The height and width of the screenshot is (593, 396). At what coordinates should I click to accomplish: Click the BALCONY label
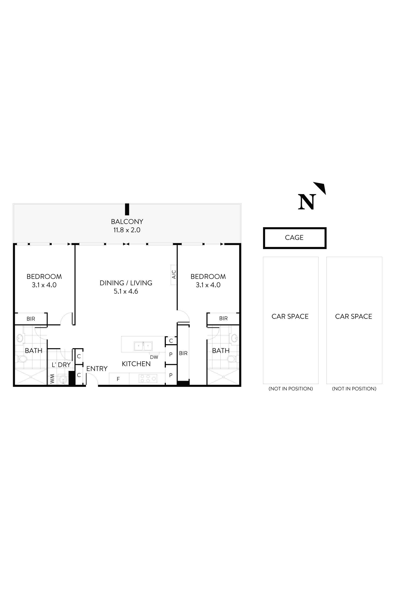(x=127, y=222)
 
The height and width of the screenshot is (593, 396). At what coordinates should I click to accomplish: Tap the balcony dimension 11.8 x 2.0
(x=127, y=230)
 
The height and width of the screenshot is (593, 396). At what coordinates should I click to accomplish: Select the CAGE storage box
(x=294, y=238)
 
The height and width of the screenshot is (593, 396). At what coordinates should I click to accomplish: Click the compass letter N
(x=307, y=202)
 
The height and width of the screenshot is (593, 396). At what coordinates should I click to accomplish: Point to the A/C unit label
(x=174, y=275)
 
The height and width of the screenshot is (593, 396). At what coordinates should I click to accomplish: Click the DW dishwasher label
(x=154, y=357)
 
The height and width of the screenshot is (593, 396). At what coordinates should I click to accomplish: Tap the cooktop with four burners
(x=148, y=378)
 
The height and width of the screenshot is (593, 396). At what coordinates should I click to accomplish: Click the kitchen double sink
(x=143, y=346)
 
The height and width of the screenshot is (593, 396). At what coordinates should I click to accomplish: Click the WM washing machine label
(x=52, y=379)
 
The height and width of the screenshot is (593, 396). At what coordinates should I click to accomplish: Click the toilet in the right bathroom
(x=232, y=359)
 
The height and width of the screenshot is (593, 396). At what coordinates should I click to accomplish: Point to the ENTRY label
(x=97, y=369)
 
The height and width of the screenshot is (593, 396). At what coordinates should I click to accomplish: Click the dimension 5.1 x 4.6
(x=126, y=291)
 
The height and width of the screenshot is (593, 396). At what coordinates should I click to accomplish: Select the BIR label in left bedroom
(x=31, y=319)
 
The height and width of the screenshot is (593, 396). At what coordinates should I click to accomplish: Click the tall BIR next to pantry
(x=183, y=353)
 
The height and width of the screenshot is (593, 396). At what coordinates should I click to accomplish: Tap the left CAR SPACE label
(x=290, y=316)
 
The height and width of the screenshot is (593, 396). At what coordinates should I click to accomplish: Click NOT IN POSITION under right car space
(x=354, y=389)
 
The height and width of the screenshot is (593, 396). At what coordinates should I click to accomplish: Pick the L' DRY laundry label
(x=61, y=365)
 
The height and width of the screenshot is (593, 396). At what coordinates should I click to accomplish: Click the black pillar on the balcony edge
(x=127, y=209)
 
